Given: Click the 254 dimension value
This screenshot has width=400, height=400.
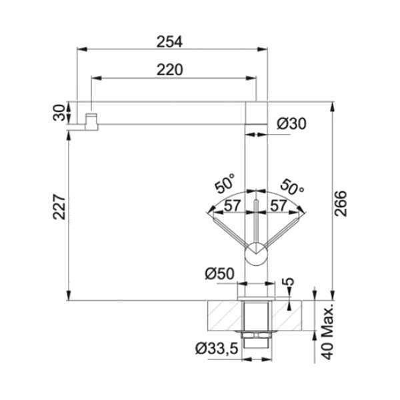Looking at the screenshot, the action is pos(169,42).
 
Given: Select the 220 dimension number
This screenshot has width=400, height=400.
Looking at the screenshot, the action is pos(169,69).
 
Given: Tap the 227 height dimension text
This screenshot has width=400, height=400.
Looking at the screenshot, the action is pos(59,207).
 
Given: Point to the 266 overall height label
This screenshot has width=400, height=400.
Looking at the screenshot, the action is pos(341,203).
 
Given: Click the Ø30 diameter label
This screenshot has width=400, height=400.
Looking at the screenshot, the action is pos(291,124).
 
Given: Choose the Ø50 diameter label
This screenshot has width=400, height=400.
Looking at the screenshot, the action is pos(219,274).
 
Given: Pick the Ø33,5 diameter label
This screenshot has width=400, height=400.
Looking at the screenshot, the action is pos(217,348).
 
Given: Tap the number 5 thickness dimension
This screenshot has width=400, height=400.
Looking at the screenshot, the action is pos(288,281).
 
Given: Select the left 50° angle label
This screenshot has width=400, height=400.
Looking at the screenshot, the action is pos(225,183).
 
